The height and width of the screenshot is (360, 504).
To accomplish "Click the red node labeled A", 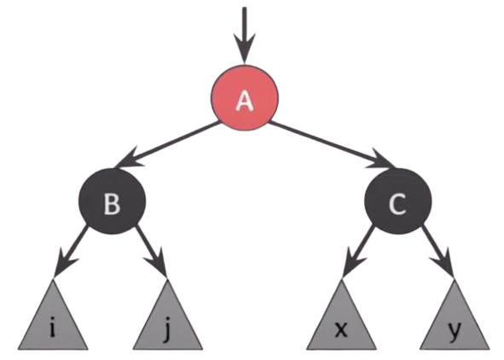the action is [245, 98].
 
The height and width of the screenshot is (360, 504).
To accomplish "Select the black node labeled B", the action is [113, 201].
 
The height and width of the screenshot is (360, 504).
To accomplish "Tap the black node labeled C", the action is [398, 201].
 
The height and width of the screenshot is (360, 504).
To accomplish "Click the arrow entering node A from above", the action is [245, 35].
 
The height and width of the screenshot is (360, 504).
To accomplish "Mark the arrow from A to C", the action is [333, 144].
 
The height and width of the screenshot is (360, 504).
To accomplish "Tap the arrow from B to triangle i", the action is [71, 252].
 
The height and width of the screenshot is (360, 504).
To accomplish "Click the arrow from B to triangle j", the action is [151, 252].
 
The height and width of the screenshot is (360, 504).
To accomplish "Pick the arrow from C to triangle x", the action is [358, 252].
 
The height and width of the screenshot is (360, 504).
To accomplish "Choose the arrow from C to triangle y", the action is [438, 252].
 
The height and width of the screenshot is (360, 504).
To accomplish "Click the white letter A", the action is [245, 101].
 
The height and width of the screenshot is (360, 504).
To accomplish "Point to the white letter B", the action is [113, 204].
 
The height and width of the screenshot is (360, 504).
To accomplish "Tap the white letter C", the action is [397, 204].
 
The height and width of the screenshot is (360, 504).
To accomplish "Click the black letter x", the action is [341, 329].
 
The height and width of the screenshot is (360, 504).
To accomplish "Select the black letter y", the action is [455, 331].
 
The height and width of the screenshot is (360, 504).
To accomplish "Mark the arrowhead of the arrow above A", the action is [245, 49].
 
